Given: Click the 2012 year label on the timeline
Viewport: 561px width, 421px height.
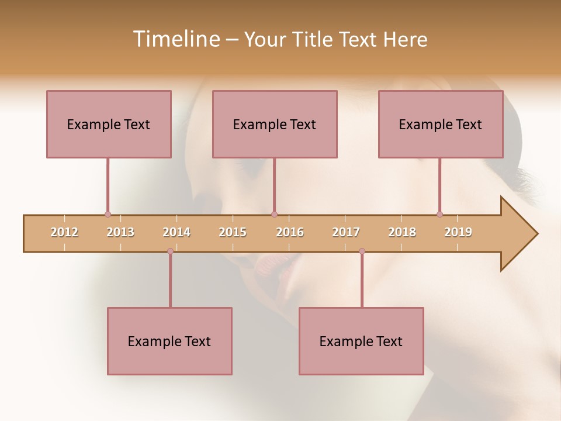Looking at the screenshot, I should [64, 232].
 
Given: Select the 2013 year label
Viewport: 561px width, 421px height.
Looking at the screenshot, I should [120, 232].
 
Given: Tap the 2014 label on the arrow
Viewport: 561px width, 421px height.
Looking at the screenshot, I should [176, 232].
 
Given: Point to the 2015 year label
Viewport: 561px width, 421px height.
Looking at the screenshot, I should [233, 232].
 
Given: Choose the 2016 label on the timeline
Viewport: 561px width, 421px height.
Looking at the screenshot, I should [290, 232].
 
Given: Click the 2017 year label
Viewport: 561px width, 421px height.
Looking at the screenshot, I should [346, 232].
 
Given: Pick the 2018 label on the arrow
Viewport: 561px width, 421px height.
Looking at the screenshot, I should [402, 232].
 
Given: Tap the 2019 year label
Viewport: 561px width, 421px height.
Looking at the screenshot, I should [458, 232].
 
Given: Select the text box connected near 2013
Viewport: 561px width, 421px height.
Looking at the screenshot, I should [109, 124].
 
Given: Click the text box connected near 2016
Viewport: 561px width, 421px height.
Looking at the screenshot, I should [275, 124].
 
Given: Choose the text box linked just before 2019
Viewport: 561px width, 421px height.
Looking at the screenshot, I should [441, 124].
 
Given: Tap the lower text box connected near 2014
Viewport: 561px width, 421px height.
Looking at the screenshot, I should [169, 341].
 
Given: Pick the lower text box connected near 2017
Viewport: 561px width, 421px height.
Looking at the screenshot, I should [361, 341].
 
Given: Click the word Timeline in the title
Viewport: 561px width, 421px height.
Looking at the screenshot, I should [175, 39].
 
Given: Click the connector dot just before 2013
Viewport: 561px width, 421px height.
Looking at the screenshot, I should [108, 214].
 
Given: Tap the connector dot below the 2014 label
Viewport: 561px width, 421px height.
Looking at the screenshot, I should [170, 251].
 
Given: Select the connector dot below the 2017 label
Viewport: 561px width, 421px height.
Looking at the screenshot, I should [362, 251].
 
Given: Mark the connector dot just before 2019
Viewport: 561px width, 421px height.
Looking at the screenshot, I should [439, 214].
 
